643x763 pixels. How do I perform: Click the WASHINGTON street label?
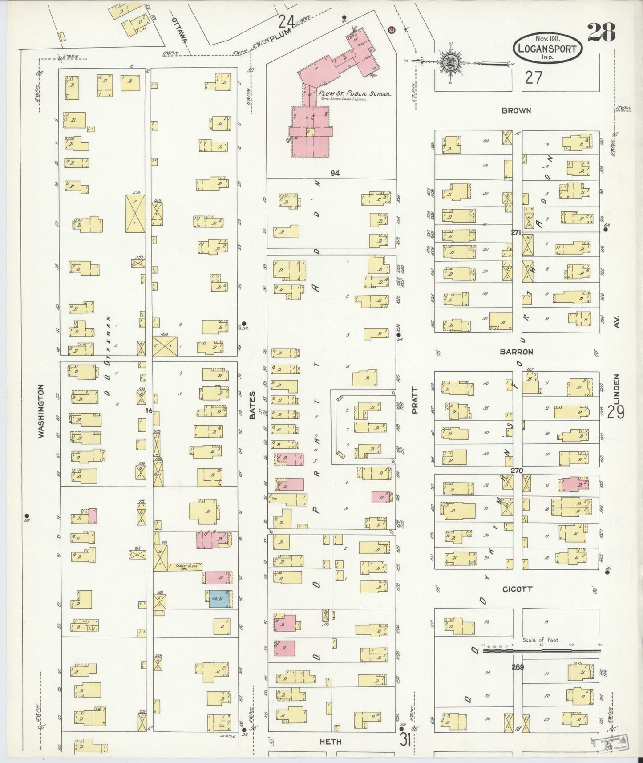coord(41,411)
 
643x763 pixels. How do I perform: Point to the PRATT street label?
coord(415,400)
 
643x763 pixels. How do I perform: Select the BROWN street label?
coord(516,110)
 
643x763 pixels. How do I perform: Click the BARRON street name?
coord(516,352)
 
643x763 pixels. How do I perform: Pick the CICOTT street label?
coord(517,589)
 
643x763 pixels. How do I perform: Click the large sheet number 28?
coord(601,32)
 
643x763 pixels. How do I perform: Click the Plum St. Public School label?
coord(354,94)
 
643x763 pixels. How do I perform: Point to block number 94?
coord(335,173)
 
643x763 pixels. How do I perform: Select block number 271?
coord(516,232)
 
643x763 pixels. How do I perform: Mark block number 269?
coord(518,666)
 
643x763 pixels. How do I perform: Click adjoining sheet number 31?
coord(405,740)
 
